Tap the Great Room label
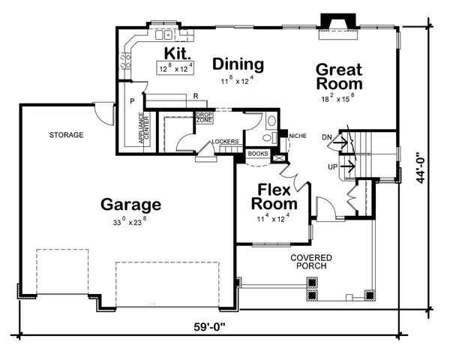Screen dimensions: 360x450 pos(339,76)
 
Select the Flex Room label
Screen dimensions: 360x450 pos(274,196)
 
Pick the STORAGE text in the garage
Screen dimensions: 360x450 pos(66,135)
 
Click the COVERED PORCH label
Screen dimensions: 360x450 pos(311,262)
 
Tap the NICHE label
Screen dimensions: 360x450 pos(297,136)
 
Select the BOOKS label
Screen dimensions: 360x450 pos(258,154)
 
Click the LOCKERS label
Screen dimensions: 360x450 pos(225,141)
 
